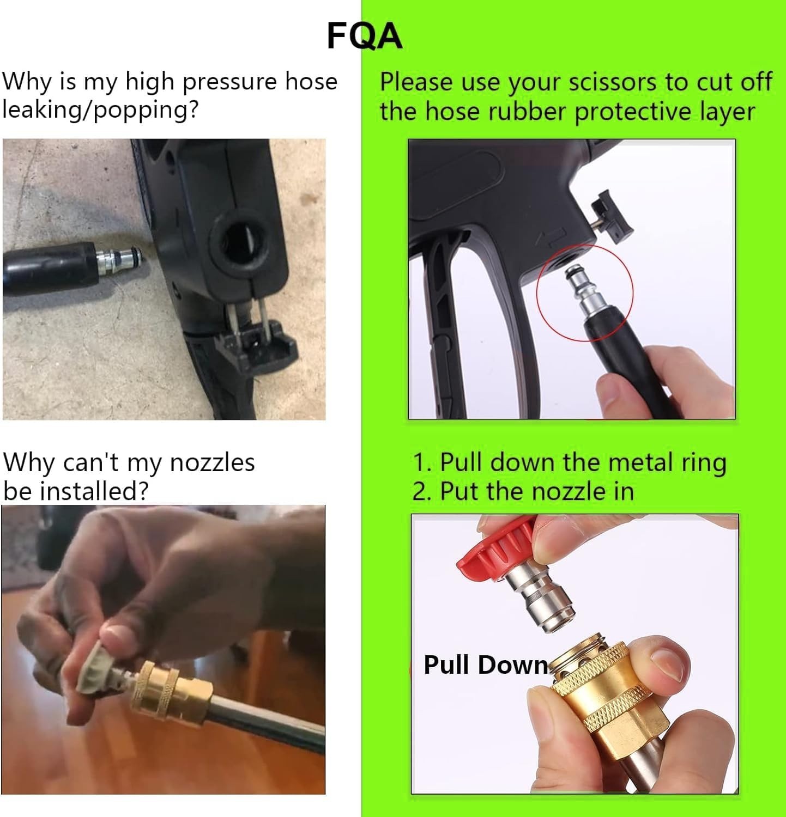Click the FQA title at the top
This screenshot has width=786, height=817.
click(x=365, y=36)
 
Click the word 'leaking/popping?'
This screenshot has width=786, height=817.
click(x=100, y=110)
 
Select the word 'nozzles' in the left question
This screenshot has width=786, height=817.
click(x=212, y=462)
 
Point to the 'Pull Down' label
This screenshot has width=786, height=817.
click(x=486, y=665)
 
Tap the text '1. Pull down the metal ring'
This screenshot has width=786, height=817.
click(x=570, y=462)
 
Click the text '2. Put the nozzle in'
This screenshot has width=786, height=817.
click(x=523, y=492)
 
